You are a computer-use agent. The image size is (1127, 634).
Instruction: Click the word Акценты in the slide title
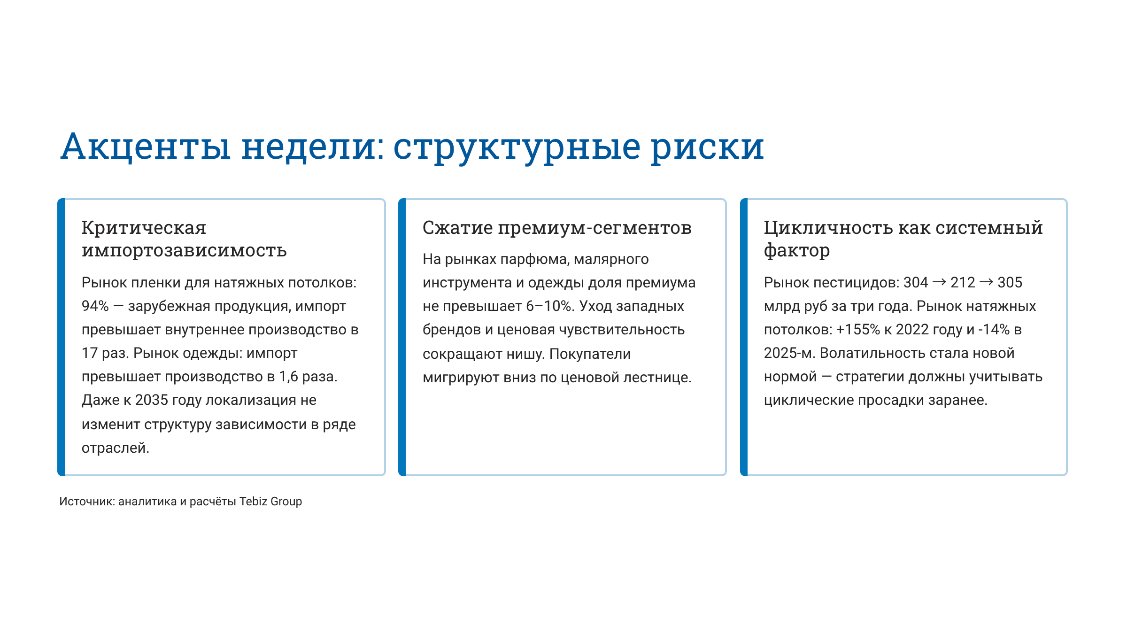[x=146, y=147]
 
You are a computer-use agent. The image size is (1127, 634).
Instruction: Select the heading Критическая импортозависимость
[x=184, y=239]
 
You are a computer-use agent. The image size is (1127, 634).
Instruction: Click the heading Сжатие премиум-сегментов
[x=557, y=228]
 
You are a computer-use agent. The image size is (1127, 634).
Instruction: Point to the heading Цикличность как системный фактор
[x=903, y=239]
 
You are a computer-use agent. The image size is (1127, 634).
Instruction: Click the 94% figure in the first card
[x=95, y=306]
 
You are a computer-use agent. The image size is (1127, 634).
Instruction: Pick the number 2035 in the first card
[x=151, y=400]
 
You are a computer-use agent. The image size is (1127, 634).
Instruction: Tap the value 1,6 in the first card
[x=288, y=377]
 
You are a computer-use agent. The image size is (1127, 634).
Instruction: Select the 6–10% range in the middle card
[x=548, y=306]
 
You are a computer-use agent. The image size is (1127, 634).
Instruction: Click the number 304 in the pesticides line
[x=916, y=283]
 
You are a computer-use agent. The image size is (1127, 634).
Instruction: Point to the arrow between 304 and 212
[x=939, y=282]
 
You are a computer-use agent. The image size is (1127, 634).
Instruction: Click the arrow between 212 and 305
[x=986, y=282]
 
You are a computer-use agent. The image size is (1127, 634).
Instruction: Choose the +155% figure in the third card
[x=858, y=330]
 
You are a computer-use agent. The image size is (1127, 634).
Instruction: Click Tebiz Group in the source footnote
[x=270, y=502]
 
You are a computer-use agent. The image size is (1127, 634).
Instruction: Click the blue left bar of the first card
[x=61, y=337]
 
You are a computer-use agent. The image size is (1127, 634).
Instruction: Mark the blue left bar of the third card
[x=744, y=337]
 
